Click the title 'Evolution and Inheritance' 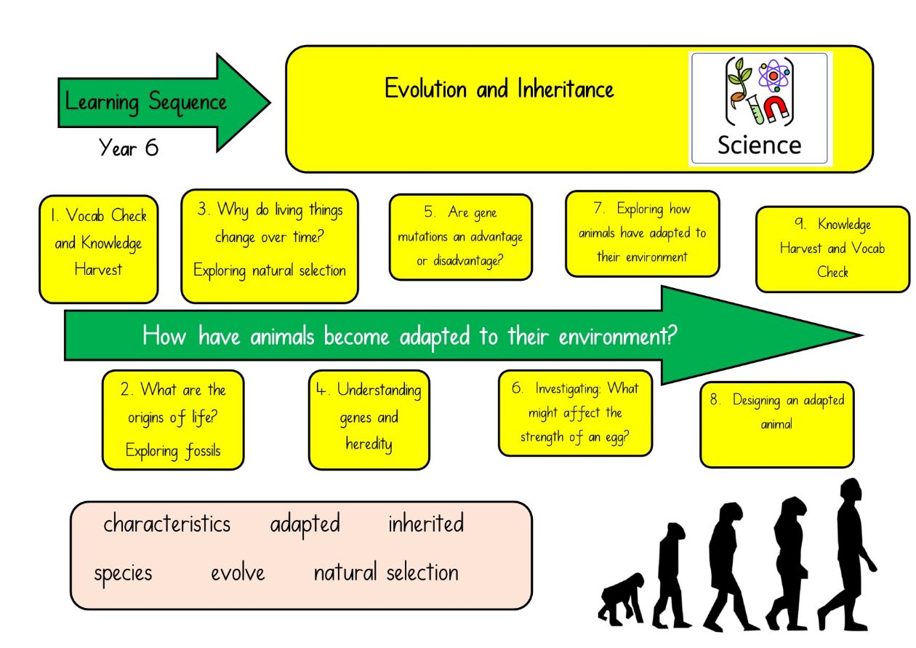[499, 89]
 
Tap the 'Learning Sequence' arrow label [146, 102]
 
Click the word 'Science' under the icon [760, 145]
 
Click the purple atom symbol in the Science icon [774, 76]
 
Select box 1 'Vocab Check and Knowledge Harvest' [99, 249]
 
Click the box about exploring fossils [173, 420]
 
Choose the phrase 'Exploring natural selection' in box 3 [270, 271]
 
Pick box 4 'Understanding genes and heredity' [369, 420]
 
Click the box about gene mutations [461, 237]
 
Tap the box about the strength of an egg [575, 413]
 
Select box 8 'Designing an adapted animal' [777, 425]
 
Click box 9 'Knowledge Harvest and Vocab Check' [833, 249]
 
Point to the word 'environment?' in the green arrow [618, 337]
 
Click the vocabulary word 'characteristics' [167, 524]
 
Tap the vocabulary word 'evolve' [238, 573]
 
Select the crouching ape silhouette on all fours [620, 600]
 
